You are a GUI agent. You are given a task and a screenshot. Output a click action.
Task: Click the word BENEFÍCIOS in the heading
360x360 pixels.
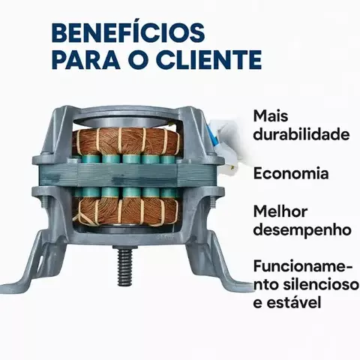pos(128,32)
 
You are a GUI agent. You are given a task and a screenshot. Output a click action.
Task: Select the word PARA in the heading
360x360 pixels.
pos(86,60)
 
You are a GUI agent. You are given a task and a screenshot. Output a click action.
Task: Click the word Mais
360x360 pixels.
pos(271,116)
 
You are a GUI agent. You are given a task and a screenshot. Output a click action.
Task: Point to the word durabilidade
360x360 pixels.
pos(301,134)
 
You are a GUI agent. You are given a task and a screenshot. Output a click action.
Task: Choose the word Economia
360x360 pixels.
pos(291,173)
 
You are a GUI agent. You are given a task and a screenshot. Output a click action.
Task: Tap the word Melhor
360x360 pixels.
pos(280,211)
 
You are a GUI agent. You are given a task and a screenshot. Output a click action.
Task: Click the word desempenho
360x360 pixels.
pos(302,230)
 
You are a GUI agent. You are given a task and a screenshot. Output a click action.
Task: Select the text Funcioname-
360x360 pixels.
pos(303,266)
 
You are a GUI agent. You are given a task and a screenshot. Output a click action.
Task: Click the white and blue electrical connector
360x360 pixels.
pos(223,145)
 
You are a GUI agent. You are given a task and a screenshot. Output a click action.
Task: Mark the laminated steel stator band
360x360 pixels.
pos(126,175)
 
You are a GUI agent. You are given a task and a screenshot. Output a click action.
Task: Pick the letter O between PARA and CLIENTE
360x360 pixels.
pos(139,60)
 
